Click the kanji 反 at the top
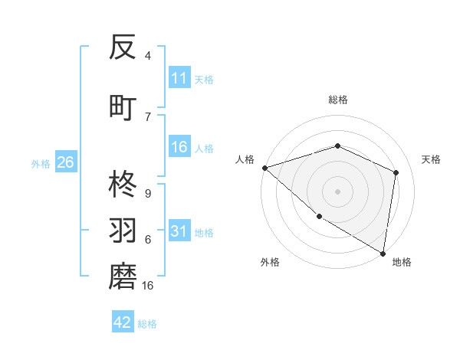[x=123, y=49]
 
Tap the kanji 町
[x=123, y=106]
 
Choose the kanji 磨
[x=123, y=277]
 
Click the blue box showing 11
[x=179, y=78]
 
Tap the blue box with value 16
[x=179, y=147]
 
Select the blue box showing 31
[x=179, y=231]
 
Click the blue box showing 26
[x=65, y=162]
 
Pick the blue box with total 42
[x=123, y=322]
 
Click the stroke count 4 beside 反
[x=148, y=56]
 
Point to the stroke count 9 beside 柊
[x=148, y=194]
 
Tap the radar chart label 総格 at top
[x=337, y=100]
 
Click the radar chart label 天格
[x=431, y=159]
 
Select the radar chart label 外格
[x=270, y=262]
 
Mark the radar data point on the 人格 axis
[x=264, y=167]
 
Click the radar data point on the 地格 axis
[x=383, y=253]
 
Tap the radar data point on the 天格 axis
[x=396, y=172]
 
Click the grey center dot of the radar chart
[x=337, y=191]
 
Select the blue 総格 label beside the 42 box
[x=147, y=324]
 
